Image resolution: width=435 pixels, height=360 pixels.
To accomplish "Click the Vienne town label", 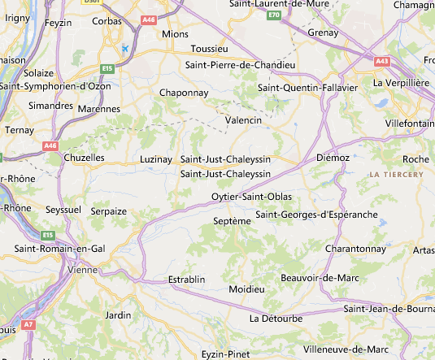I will pos(83,269).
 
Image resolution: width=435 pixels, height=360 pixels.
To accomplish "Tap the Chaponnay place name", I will pos(185,93).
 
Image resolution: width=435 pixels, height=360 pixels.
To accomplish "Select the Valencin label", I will pos(244,120).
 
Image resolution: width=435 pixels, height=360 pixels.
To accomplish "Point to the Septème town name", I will pos(231,221).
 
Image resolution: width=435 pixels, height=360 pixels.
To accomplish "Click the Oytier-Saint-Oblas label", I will pos(250,197).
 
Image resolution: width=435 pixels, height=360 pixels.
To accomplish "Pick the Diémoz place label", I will pos(332,157).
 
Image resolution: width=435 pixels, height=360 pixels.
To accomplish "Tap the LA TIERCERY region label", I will pos(396,175).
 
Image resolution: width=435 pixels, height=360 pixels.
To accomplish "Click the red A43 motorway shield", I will pos(381,60).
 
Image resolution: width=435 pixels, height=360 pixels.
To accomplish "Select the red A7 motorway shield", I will pos(28,324).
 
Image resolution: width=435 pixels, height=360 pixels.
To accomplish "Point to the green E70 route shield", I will pos(274,15).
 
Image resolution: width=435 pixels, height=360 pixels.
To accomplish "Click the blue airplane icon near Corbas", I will pos(124,48).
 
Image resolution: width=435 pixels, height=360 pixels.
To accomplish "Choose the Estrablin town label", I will pos(186,280).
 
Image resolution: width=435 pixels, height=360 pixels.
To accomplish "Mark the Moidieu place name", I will pos(247,289).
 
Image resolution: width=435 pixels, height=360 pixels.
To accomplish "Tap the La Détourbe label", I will pos(276,318).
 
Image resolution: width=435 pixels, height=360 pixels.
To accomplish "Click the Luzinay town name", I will pos(156,159).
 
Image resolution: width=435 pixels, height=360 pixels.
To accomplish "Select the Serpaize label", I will pos(108,210).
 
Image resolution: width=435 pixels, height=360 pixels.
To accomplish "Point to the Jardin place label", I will pos(119,314).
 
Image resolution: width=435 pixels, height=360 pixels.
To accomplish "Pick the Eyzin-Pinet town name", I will pos(225,354).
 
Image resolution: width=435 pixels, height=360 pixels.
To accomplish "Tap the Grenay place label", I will pos(323,33).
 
